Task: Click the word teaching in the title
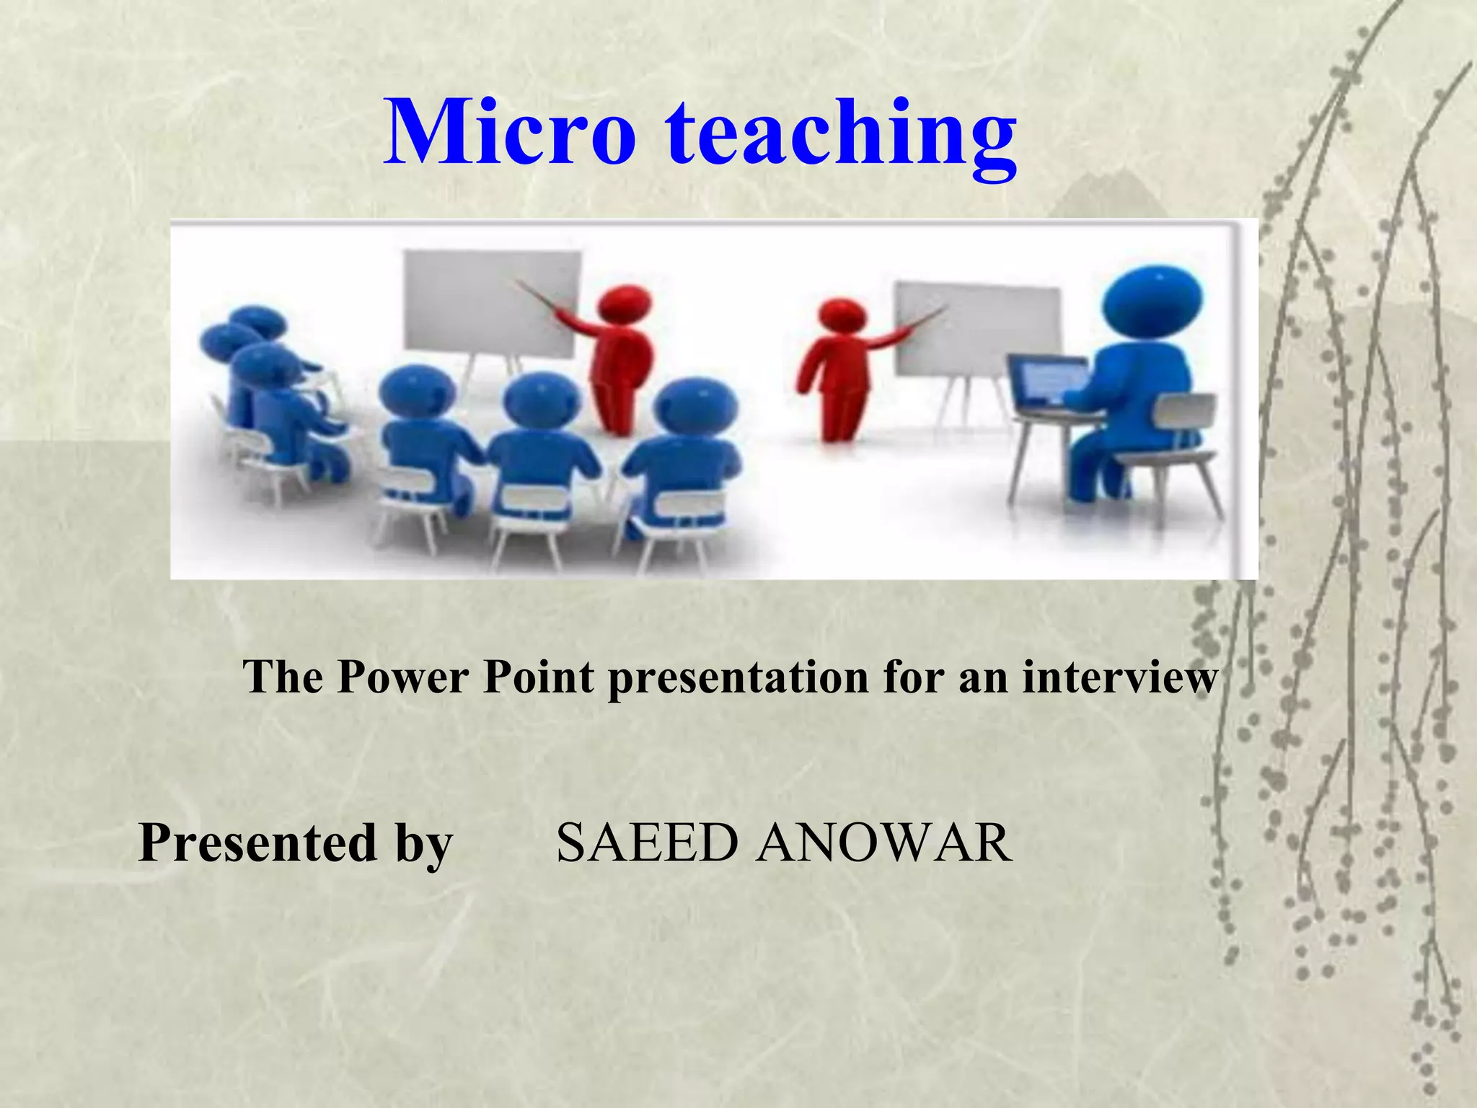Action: click(841, 137)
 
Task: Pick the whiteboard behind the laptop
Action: click(977, 328)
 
